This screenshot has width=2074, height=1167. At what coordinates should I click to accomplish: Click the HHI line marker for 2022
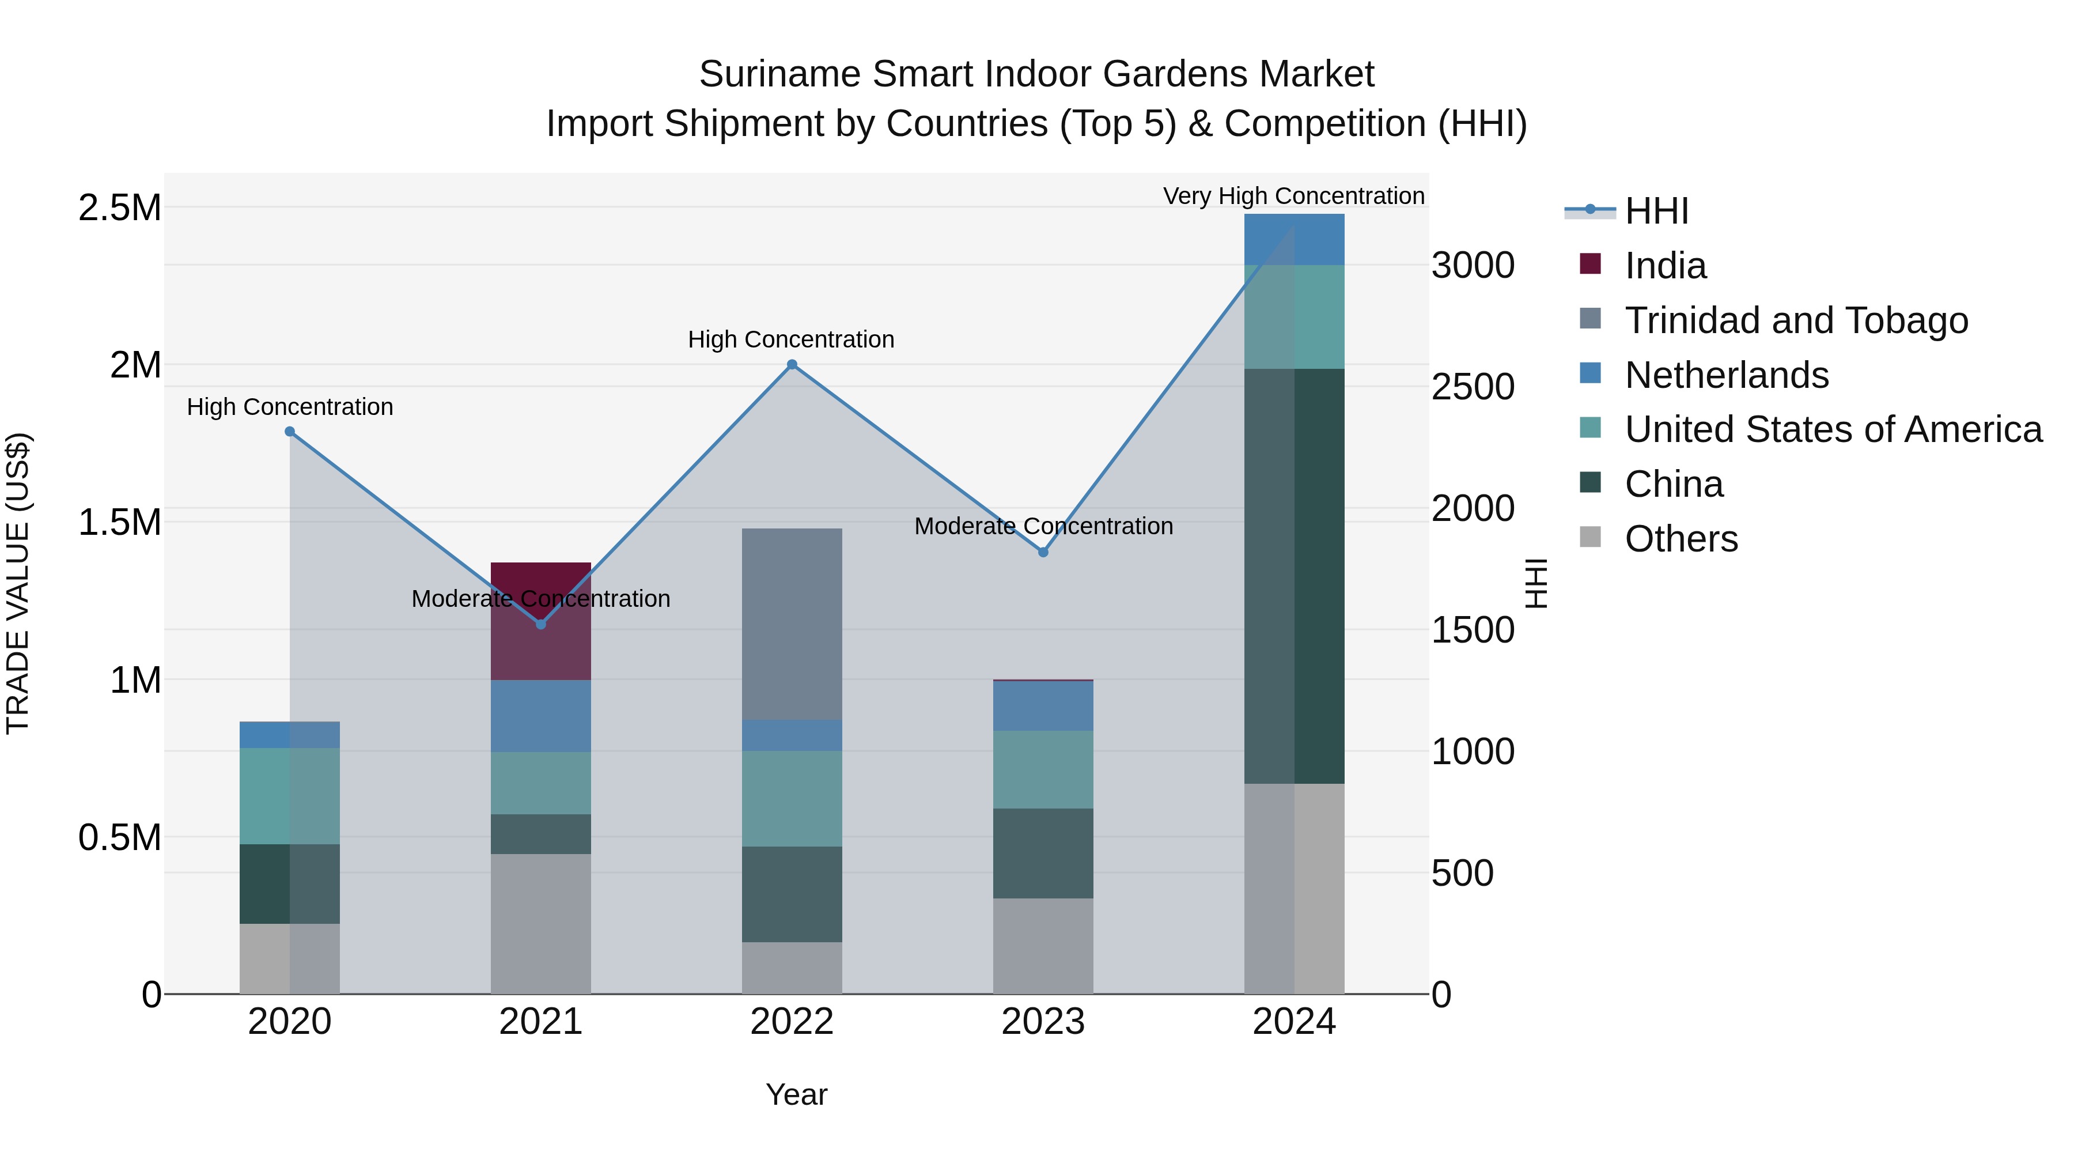pyautogui.click(x=792, y=365)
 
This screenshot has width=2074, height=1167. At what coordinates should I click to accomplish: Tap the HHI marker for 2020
pyautogui.click(x=290, y=432)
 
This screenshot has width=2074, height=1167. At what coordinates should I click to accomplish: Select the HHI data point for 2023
pyautogui.click(x=1043, y=553)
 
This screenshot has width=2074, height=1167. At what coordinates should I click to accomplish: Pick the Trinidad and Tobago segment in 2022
pyautogui.click(x=792, y=624)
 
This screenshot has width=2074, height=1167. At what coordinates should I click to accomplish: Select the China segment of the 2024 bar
pyautogui.click(x=1294, y=576)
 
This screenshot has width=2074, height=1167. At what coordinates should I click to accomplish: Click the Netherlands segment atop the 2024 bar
pyautogui.click(x=1294, y=239)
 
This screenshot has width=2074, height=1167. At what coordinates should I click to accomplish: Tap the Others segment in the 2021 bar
pyautogui.click(x=540, y=924)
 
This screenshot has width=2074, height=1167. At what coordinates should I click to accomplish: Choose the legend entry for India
pyautogui.click(x=1664, y=266)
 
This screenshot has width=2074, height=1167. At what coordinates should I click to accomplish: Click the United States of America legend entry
pyautogui.click(x=1833, y=429)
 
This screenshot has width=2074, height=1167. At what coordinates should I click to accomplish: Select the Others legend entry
pyautogui.click(x=1681, y=539)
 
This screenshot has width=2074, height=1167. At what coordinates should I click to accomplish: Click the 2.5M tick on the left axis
pyautogui.click(x=120, y=208)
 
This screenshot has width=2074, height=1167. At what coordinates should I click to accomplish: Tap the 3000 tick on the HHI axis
pyautogui.click(x=1473, y=265)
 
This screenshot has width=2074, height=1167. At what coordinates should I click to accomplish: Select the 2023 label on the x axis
pyautogui.click(x=1043, y=1022)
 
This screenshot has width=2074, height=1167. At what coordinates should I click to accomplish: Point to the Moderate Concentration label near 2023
pyautogui.click(x=1043, y=526)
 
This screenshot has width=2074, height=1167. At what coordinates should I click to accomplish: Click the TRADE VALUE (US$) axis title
pyautogui.click(x=18, y=583)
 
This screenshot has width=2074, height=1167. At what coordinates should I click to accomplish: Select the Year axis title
pyautogui.click(x=796, y=1094)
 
